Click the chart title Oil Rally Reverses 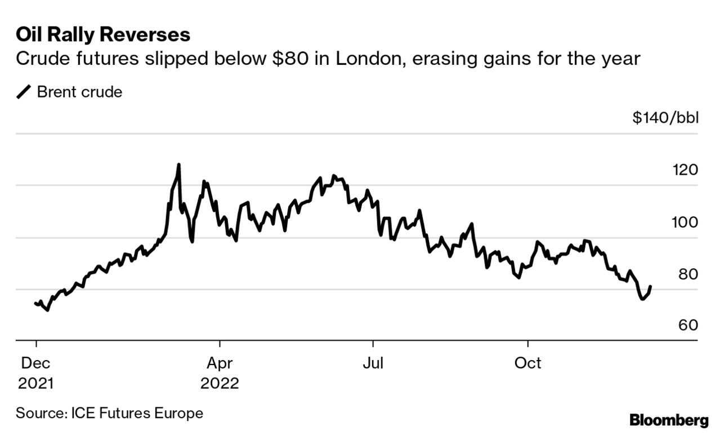[103, 35]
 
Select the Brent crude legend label [79, 92]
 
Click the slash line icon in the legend [24, 92]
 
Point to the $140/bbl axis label [665, 118]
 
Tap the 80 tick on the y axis [689, 274]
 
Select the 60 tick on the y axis [689, 326]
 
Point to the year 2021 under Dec [36, 384]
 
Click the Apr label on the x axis [220, 362]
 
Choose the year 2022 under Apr [220, 384]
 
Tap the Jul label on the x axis [373, 362]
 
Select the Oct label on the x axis [528, 362]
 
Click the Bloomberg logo [669, 420]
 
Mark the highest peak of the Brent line [178, 165]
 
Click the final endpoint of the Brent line [651, 286]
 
